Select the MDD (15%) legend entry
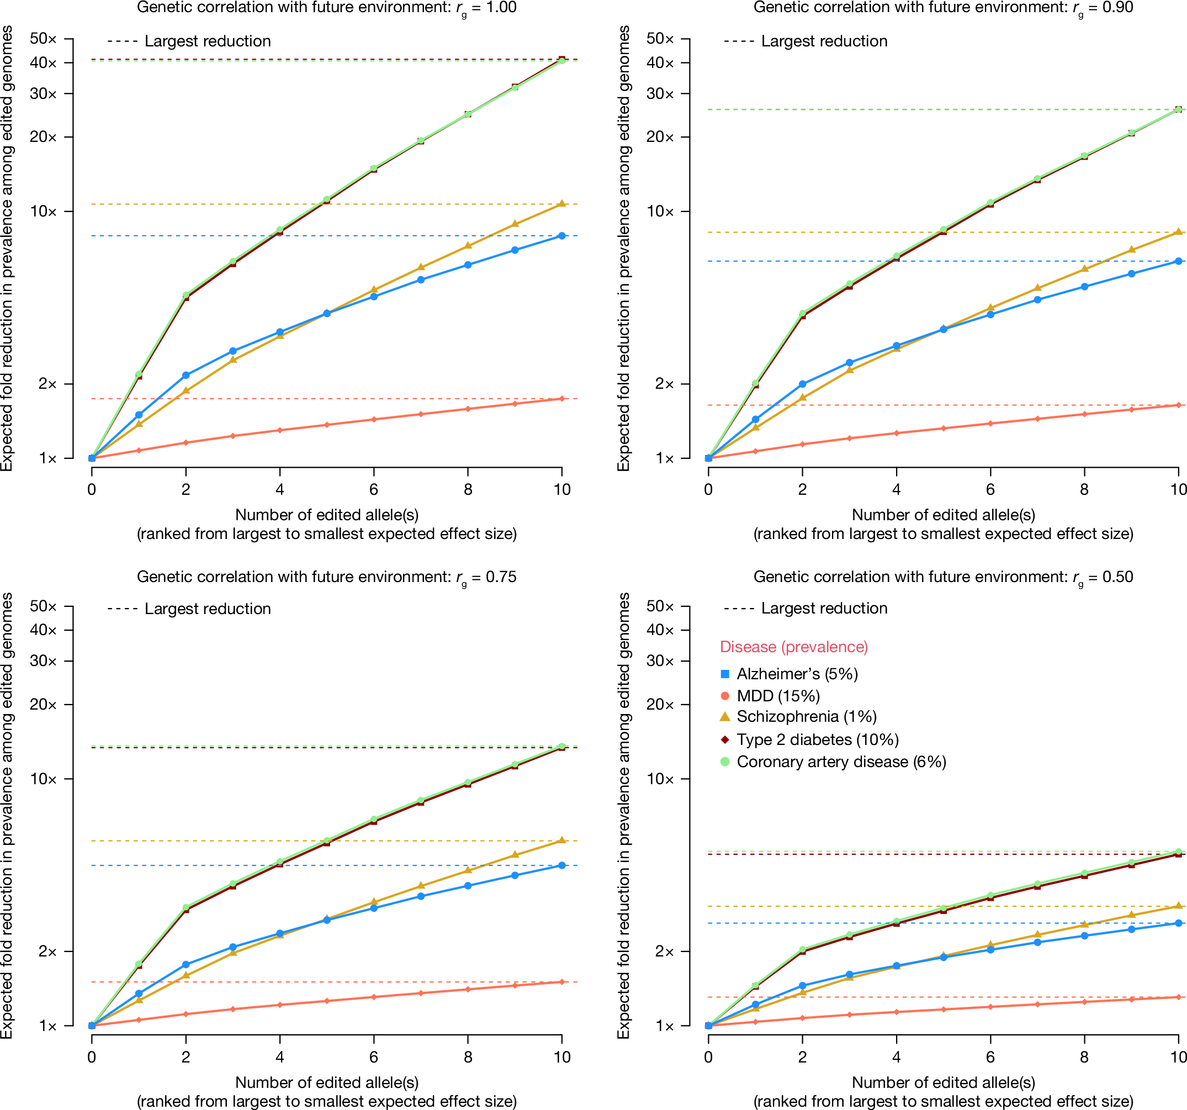click(777, 696)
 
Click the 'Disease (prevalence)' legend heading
click(793, 647)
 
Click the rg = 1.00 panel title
click(327, 8)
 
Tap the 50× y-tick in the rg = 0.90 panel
click(660, 39)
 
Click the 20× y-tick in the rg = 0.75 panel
click(43, 705)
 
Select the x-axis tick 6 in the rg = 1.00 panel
click(374, 490)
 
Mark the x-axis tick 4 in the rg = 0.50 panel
click(896, 1057)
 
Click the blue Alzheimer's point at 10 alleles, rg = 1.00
click(562, 236)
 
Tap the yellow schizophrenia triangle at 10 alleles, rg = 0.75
click(562, 840)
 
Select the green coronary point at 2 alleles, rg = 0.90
click(803, 314)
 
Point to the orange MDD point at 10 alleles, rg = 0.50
click(1179, 997)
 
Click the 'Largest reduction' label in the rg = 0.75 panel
click(207, 609)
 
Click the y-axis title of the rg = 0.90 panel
click(623, 248)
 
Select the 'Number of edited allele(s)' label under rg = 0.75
click(327, 1082)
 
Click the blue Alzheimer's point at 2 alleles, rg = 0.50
click(803, 986)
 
